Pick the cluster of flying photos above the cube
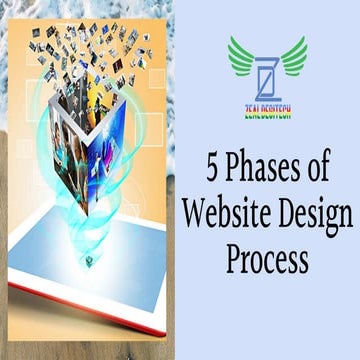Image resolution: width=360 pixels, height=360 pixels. point(95,50)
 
